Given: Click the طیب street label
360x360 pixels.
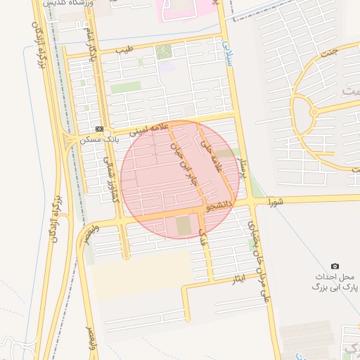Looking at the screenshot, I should tap(124, 51).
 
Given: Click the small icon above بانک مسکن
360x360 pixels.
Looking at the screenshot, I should tap(99, 129).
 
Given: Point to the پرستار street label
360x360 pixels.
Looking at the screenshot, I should tap(240, 169).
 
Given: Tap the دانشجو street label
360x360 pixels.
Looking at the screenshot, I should tap(218, 205).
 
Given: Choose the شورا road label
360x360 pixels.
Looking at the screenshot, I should tap(275, 201).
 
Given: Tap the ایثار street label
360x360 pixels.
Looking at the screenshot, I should tap(239, 281).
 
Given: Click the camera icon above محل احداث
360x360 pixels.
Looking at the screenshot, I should tap(335, 266).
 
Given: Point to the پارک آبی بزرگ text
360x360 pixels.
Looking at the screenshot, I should tap(335, 288).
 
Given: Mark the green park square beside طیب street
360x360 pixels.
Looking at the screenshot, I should tap(164, 51).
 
